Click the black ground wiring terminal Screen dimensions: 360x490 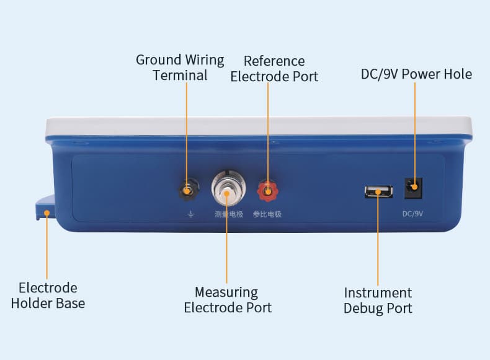[188, 190]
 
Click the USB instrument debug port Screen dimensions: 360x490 [378, 191]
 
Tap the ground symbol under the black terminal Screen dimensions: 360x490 [190, 214]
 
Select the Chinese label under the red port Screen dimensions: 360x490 [267, 214]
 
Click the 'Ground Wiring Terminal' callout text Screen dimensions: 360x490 [180, 68]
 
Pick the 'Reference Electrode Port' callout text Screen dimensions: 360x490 [274, 69]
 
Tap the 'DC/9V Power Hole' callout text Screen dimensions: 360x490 [416, 74]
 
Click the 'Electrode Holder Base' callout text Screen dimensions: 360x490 [48, 296]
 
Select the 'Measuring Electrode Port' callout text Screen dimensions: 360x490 [227, 299]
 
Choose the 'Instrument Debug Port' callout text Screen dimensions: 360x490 [378, 300]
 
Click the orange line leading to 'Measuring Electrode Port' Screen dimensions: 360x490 [227, 248]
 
